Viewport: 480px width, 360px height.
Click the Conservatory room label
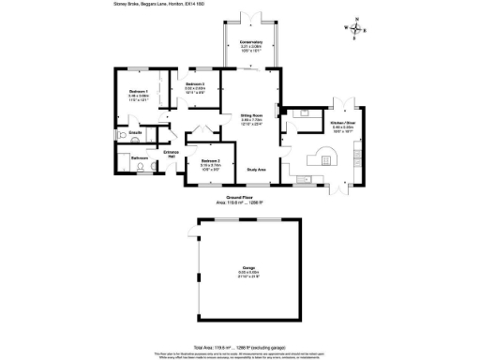pyautogui.click(x=251, y=43)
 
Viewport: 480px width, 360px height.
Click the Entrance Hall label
pyautogui.click(x=172, y=153)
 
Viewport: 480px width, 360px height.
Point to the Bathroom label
pyautogui.click(x=140, y=158)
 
